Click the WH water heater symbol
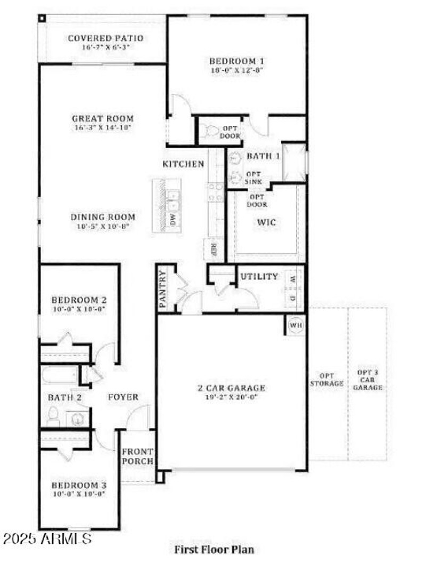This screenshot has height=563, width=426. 294,325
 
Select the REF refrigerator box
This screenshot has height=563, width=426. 212,249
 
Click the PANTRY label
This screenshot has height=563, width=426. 163,289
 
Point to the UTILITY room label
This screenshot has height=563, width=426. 259,276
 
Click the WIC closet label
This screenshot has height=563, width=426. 267,222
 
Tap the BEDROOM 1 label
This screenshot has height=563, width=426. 236,60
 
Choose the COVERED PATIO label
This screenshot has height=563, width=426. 105,38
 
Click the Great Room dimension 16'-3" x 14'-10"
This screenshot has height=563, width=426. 103,128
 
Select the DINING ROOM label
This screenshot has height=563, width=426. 103,217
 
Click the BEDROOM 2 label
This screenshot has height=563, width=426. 79,300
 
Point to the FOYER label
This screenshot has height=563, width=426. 123,397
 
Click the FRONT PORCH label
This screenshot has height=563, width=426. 137,456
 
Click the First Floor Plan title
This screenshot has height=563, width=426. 215,549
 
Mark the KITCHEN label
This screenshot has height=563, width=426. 183,164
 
